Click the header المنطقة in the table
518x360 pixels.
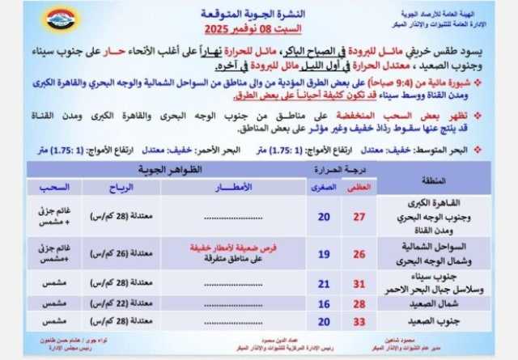pyautogui.click(x=437, y=179)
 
